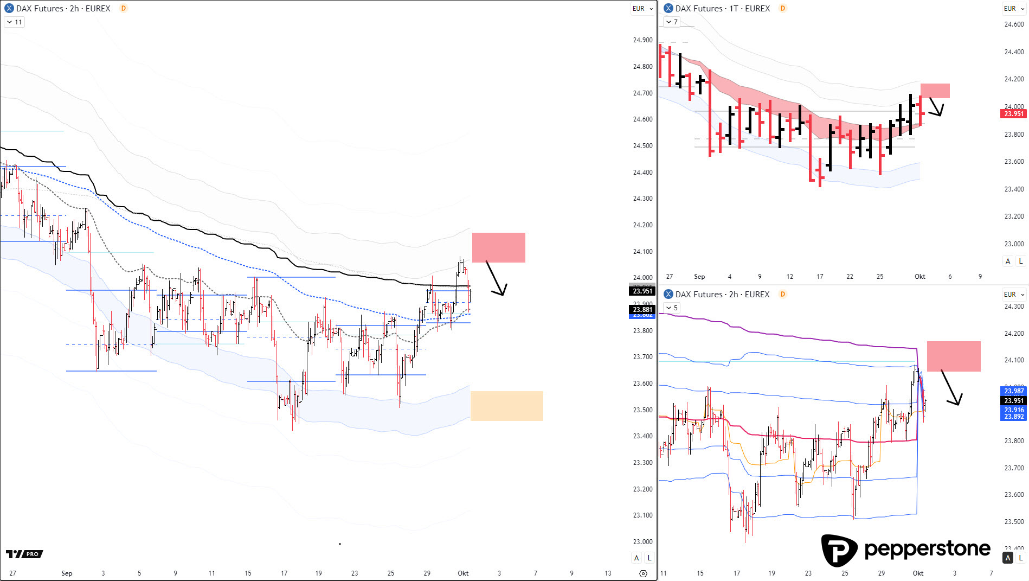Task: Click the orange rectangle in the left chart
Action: click(x=506, y=406)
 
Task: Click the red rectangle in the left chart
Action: click(x=498, y=247)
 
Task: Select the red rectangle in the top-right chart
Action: click(x=935, y=91)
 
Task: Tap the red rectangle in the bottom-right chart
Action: click(x=953, y=356)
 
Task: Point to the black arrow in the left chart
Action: click(x=496, y=278)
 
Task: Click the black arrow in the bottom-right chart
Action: click(x=950, y=387)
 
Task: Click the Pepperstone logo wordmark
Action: click(x=927, y=549)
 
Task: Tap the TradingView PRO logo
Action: click(x=24, y=554)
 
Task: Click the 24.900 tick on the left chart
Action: click(x=642, y=40)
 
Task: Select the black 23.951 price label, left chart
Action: click(x=642, y=291)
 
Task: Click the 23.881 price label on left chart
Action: click(x=642, y=309)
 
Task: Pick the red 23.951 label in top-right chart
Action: click(x=1013, y=114)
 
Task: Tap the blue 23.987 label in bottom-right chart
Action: click(x=1013, y=391)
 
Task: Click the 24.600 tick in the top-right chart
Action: click(x=1014, y=24)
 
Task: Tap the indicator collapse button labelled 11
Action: click(x=14, y=22)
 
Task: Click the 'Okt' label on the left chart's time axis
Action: click(x=463, y=573)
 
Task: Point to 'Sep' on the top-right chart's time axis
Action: click(x=699, y=277)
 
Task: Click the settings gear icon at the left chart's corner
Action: click(x=643, y=573)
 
